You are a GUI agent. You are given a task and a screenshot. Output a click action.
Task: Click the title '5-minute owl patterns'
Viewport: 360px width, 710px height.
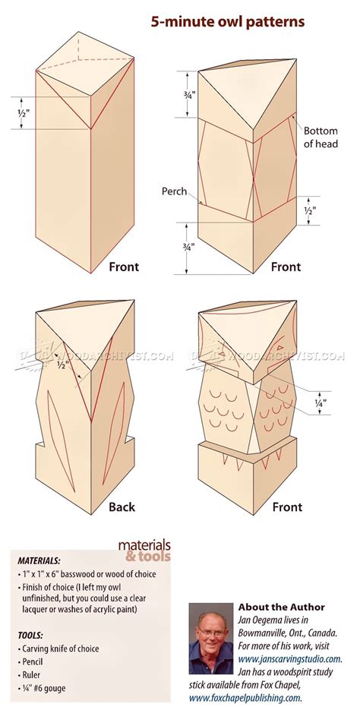(227, 22)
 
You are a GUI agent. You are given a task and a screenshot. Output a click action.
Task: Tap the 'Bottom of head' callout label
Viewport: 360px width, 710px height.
(321, 137)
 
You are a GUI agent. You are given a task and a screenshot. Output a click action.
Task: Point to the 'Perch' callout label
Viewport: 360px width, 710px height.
(175, 191)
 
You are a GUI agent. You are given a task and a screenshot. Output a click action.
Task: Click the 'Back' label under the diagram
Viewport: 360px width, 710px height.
(122, 506)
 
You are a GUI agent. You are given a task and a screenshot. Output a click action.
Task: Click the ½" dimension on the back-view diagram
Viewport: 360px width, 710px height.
(63, 364)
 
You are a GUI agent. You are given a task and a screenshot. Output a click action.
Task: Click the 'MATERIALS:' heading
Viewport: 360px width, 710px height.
(39, 560)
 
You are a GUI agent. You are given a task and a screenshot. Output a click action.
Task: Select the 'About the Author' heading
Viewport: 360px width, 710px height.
(282, 607)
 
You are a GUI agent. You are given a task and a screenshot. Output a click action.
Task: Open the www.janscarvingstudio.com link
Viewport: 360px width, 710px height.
(290, 658)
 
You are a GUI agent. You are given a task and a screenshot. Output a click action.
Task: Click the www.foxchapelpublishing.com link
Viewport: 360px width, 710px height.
(245, 698)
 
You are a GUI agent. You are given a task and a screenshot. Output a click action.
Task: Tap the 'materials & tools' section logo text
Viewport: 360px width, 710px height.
(144, 551)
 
